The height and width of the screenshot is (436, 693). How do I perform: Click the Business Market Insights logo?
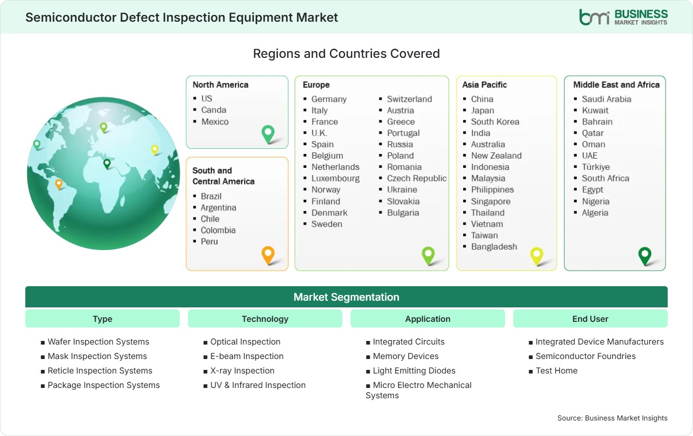623,18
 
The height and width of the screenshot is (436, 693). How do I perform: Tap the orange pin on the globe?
58,184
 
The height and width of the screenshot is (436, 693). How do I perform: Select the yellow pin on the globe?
154,150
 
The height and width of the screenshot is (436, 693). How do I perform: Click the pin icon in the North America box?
268,134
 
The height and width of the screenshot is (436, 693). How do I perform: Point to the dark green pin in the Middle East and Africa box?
645,256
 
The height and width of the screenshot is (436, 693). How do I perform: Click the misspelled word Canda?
213,110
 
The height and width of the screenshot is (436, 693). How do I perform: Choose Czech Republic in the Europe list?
416,178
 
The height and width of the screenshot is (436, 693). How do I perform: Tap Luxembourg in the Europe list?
335,178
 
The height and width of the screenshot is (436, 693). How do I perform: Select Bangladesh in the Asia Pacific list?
494,246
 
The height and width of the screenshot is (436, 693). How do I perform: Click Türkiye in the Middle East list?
595,167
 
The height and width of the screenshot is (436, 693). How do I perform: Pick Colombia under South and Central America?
218,230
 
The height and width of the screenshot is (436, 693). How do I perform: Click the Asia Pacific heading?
484,85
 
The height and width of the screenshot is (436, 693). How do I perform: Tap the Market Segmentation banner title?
346,297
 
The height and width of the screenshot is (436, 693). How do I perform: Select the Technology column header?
265,319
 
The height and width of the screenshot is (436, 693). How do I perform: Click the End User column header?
590,319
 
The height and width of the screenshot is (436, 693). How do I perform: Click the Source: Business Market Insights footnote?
612,418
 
